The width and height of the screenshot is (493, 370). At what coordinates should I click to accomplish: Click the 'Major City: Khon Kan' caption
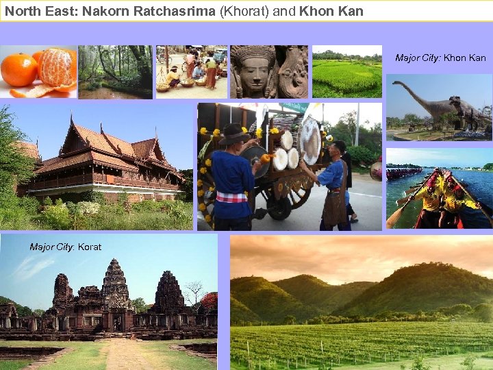(440, 58)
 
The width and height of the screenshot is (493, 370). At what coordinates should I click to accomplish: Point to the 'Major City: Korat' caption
(65, 247)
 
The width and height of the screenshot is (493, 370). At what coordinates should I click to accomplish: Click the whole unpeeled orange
(18, 69)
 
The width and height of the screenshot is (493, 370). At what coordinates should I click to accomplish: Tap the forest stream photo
(114, 72)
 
